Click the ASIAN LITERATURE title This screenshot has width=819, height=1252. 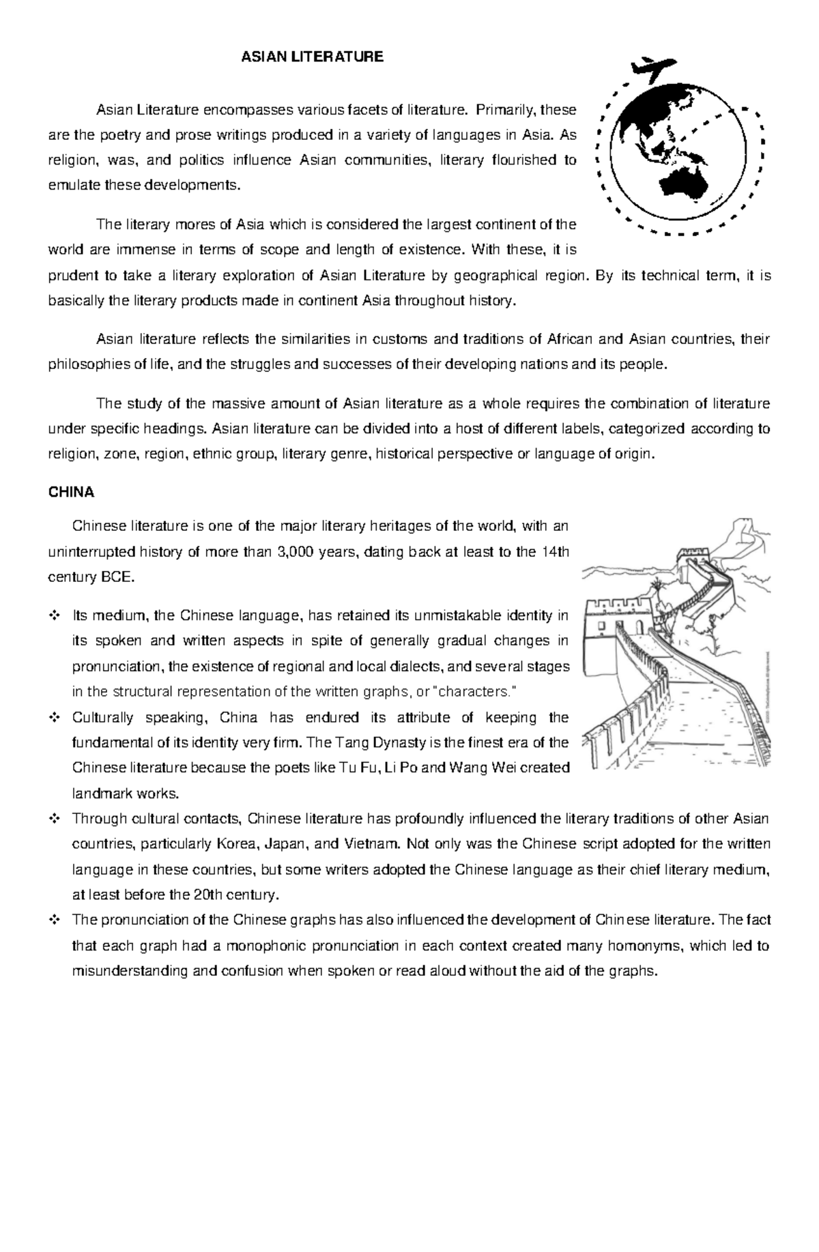pyautogui.click(x=313, y=57)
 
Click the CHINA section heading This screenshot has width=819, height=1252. pyautogui.click(x=71, y=492)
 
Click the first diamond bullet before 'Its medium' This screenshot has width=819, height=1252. pyautogui.click(x=55, y=616)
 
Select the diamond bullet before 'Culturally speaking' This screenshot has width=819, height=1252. pyautogui.click(x=55, y=718)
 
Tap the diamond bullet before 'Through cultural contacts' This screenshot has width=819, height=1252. pyautogui.click(x=55, y=819)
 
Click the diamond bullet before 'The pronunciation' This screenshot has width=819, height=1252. pyautogui.click(x=55, y=920)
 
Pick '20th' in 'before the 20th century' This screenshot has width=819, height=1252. pyautogui.click(x=209, y=894)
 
